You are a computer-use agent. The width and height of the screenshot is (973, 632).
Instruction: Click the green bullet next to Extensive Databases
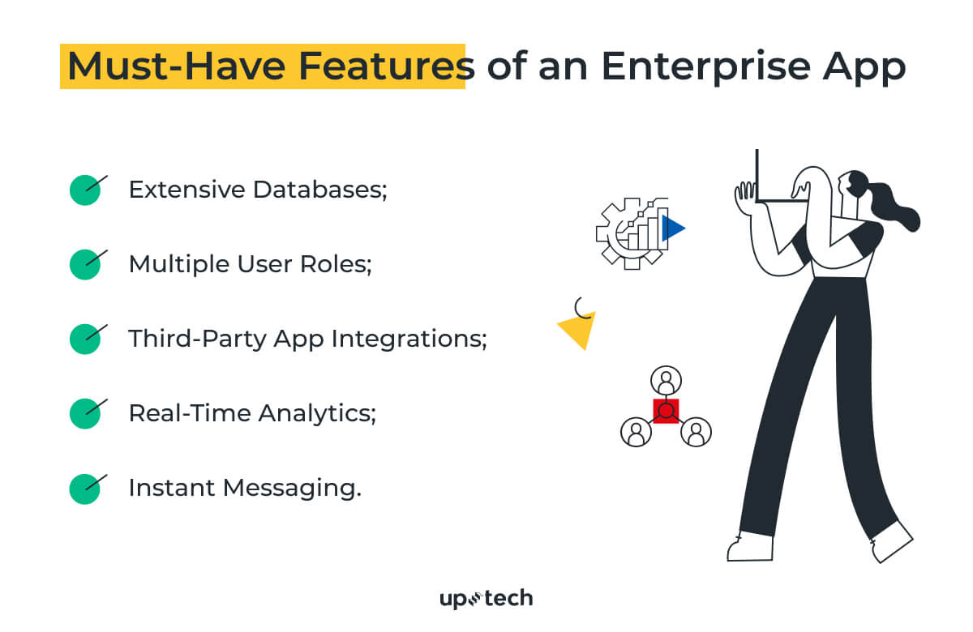[84, 190]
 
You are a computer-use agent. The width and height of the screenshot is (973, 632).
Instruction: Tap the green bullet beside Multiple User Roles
[84, 265]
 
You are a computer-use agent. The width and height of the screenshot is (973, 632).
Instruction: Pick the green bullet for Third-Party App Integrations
[84, 339]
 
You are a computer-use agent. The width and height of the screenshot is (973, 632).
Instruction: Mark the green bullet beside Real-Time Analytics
[84, 413]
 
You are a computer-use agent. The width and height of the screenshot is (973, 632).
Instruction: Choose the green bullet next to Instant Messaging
[84, 489]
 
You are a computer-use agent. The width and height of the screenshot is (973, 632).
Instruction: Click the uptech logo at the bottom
[486, 599]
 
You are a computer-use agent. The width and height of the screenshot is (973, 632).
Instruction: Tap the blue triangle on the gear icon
[671, 229]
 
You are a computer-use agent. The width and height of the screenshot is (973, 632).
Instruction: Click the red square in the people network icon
[666, 411]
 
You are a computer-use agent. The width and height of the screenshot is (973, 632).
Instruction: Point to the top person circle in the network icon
[666, 380]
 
